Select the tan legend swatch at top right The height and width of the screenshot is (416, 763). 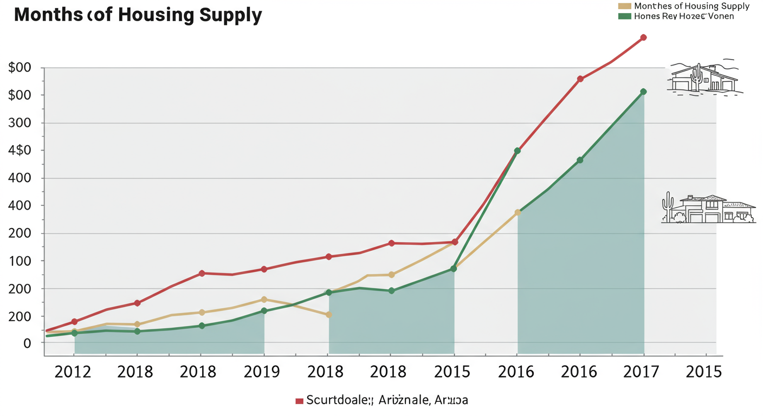pos(624,6)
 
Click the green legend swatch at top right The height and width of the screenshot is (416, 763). pos(624,16)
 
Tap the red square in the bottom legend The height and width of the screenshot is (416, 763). pos(299,401)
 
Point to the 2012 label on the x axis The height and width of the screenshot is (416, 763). pos(73,372)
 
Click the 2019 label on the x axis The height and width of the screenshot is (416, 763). pos(262,372)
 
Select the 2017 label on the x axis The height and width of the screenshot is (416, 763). pos(642,372)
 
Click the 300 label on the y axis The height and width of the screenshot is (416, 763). pos(20,123)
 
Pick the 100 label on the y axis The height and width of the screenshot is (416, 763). pos(20,261)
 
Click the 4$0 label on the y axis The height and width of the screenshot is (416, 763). pos(20,151)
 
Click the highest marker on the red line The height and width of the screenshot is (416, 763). pos(643,37)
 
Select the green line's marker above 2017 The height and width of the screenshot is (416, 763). pos(643,92)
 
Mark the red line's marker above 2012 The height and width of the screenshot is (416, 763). pos(74,322)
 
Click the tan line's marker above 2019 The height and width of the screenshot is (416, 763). pos(264,300)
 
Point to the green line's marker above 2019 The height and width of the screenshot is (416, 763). pos(264,311)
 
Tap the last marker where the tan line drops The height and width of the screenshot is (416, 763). pos(328,315)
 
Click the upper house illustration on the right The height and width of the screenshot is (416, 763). pos(703,79)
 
